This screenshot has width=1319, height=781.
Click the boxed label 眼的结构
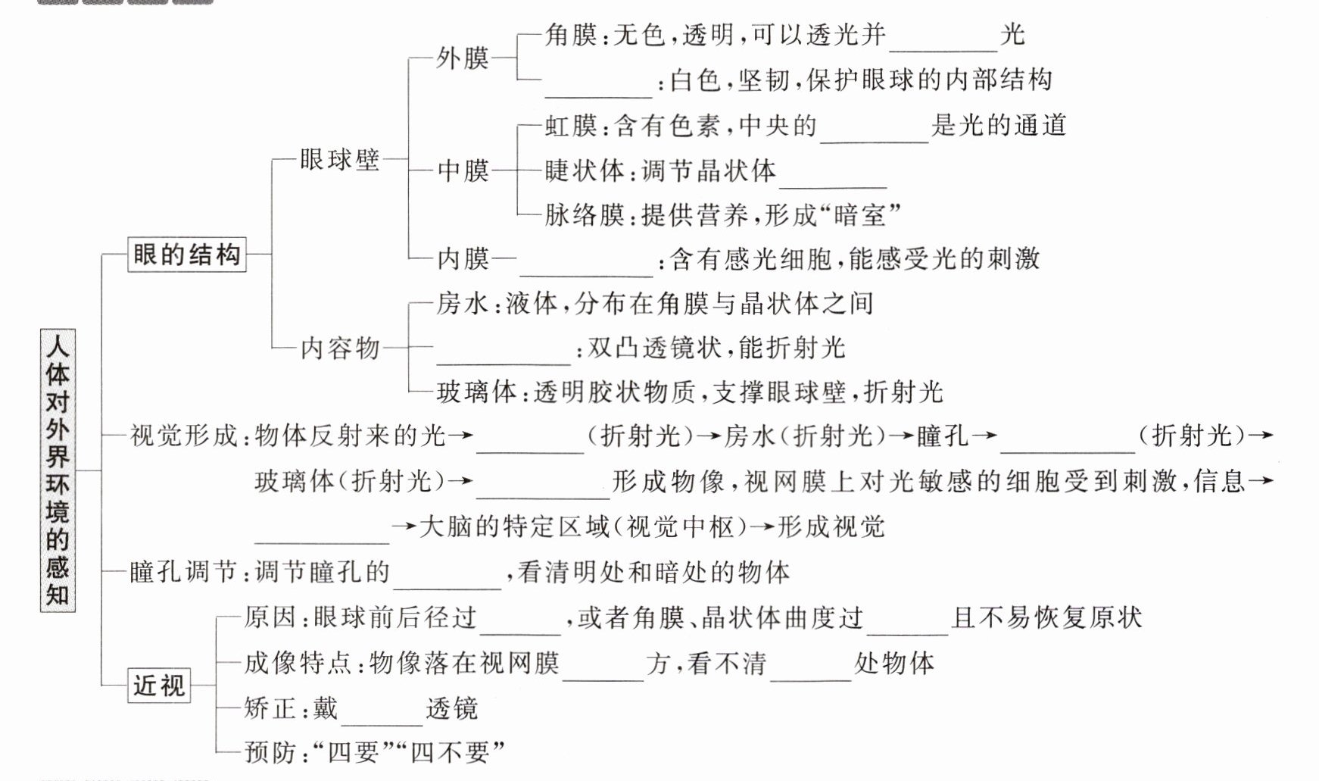click(186, 254)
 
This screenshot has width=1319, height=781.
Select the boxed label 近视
click(159, 685)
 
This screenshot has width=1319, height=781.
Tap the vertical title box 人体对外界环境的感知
click(58, 470)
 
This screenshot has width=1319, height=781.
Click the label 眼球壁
click(339, 160)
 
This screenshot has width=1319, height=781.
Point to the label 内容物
click(340, 348)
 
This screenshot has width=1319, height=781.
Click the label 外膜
click(463, 58)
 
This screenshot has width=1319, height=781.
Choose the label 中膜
click(463, 170)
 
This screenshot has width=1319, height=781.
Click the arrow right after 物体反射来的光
click(461, 436)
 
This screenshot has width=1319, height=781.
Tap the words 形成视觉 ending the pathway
click(831, 526)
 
